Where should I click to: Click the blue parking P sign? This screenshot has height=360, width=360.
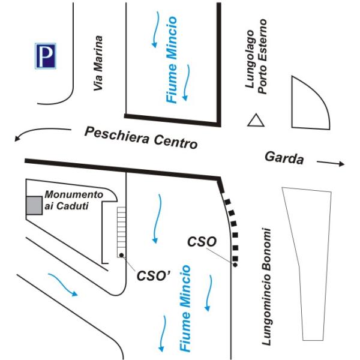coord(46,56)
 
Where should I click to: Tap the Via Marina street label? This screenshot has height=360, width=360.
coord(98,63)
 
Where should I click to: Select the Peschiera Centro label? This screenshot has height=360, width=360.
coord(141,138)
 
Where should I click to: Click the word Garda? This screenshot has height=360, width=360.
coord(284,158)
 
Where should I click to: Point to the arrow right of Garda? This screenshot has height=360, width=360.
coord(331,163)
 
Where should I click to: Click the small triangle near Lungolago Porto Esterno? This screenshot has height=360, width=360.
coord(256,120)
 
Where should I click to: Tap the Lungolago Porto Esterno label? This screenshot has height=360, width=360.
coord(256,56)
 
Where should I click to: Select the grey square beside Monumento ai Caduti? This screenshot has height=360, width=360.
coord(34,205)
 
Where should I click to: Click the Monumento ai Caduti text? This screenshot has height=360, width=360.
coord(74,200)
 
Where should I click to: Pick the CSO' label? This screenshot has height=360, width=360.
coord(154,275)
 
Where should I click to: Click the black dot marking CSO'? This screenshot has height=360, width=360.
coord(121,255)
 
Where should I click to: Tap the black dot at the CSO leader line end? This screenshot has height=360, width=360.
coord(235,265)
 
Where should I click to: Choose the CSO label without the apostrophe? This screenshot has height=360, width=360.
coord(202,242)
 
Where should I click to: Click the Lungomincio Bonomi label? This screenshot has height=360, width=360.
coord(266,287)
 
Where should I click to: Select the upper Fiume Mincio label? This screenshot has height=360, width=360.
coord(172,59)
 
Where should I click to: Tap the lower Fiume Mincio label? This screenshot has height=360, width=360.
coord(185,308)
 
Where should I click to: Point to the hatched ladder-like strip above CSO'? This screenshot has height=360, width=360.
coord(121,232)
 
